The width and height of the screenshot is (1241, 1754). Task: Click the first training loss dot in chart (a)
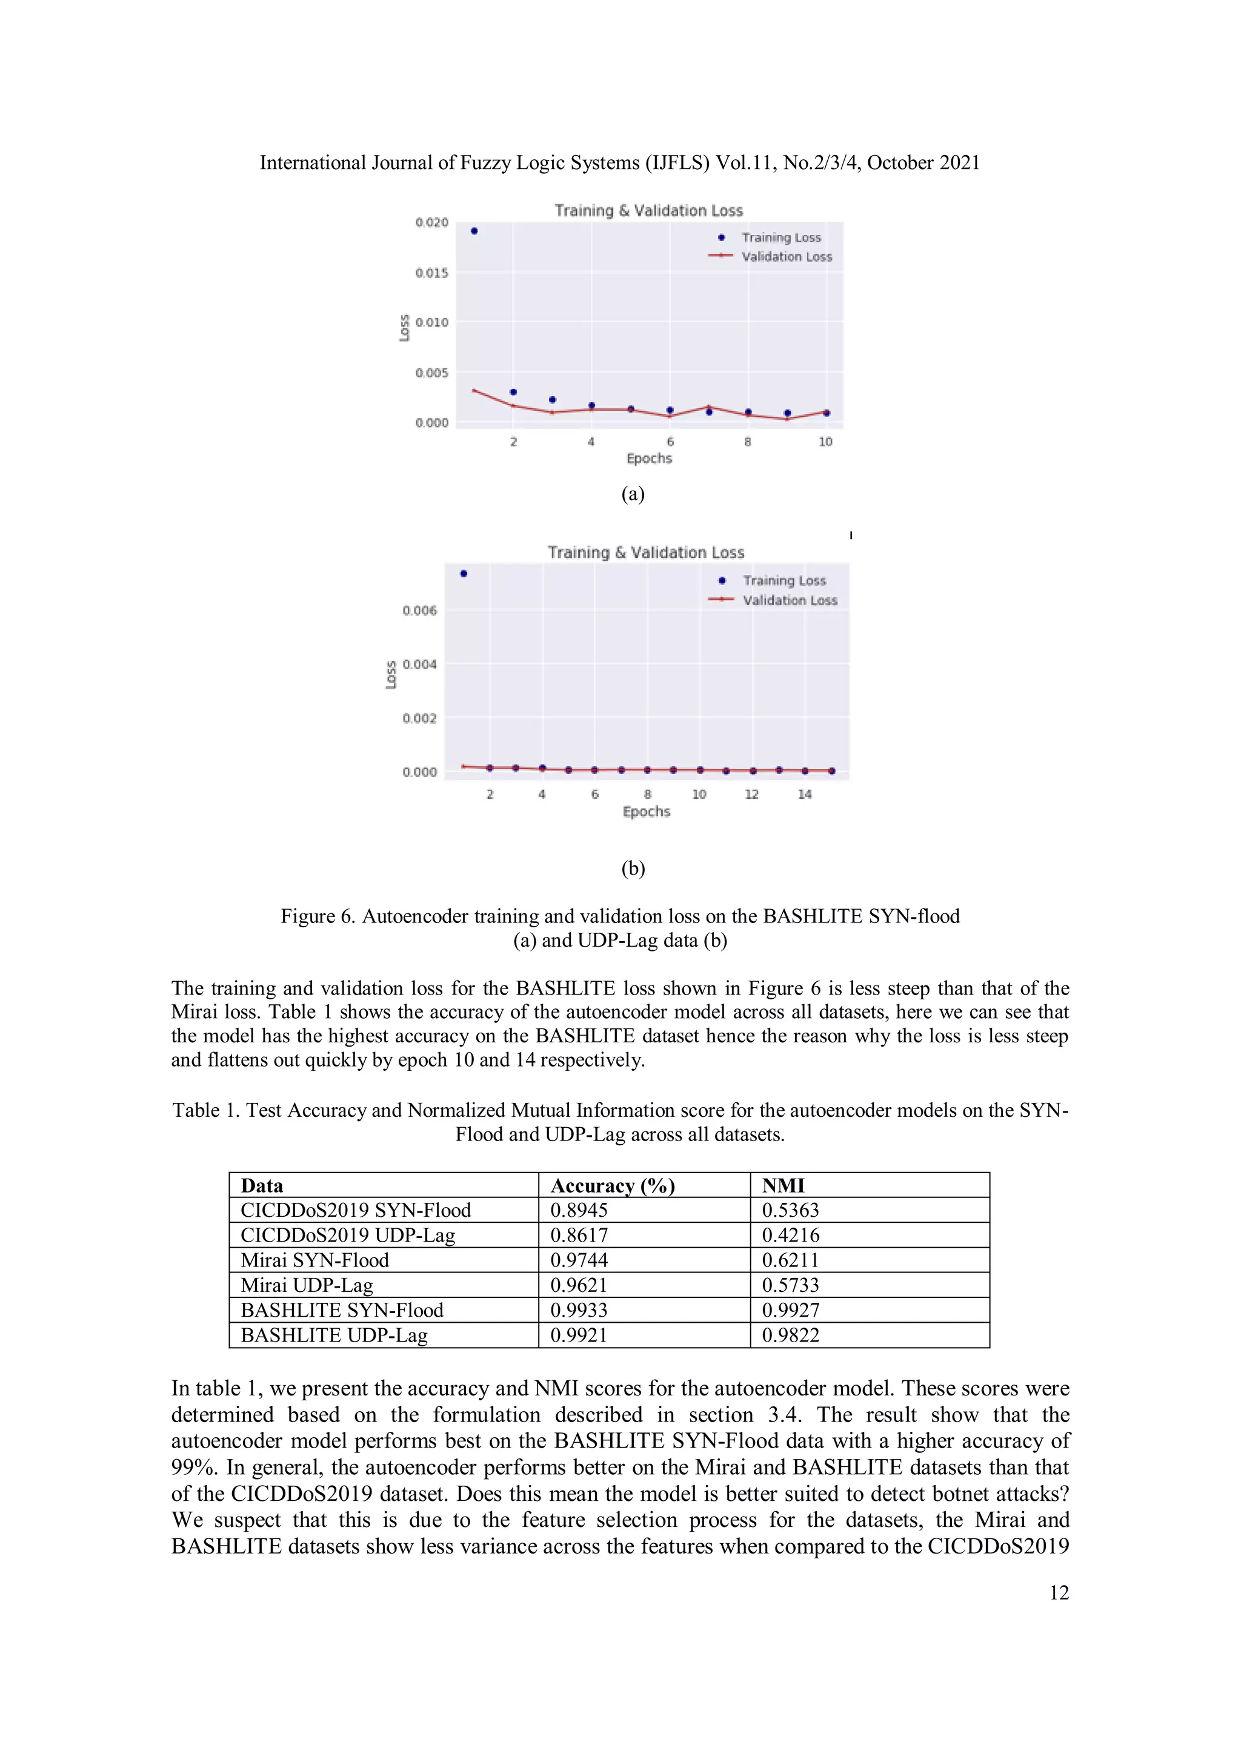click(474, 231)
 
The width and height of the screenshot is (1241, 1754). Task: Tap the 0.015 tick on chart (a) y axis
click(432, 273)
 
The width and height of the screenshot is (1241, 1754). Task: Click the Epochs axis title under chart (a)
click(649, 458)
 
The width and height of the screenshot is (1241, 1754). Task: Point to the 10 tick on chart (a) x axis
click(825, 442)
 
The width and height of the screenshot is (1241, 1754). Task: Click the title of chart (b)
click(646, 552)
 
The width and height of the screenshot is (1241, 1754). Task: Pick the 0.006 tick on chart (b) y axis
click(419, 611)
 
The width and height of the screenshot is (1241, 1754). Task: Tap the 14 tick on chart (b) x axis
click(805, 795)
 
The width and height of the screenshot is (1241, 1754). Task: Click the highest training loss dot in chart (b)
click(464, 574)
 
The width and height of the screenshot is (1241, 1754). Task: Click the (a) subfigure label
click(633, 494)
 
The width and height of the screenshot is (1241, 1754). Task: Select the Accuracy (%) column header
click(613, 1186)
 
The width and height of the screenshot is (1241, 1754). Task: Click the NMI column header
click(784, 1186)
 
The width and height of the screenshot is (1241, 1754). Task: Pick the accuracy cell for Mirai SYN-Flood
click(579, 1260)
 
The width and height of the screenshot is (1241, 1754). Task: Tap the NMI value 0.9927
click(790, 1310)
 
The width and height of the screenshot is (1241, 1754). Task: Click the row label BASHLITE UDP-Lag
click(334, 1335)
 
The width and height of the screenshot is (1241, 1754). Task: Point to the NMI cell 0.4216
click(790, 1236)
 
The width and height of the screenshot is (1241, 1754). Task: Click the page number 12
click(1059, 1593)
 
